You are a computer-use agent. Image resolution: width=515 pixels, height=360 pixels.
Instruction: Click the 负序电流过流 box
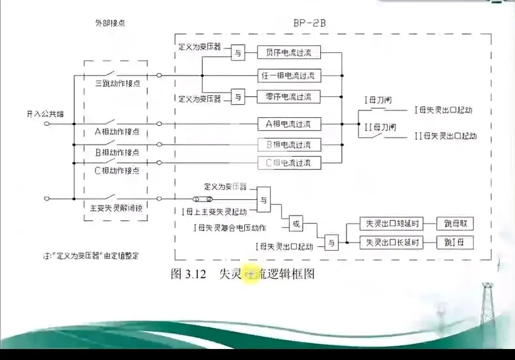coord(289,52)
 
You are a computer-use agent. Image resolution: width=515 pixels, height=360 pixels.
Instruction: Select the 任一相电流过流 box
coord(289,75)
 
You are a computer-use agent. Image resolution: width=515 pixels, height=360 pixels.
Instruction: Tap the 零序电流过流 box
coord(289,97)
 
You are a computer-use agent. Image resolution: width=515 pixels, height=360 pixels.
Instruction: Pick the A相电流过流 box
coord(289,124)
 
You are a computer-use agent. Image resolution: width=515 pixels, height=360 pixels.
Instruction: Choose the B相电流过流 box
coord(289,144)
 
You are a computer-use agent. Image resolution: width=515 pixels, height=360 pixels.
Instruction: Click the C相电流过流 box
coord(289,163)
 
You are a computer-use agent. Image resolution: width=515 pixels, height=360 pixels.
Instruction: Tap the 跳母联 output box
coord(456,224)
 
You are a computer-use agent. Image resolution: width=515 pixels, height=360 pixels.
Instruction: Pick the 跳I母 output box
coord(456,242)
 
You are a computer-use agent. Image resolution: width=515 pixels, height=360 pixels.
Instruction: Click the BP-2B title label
coord(309,23)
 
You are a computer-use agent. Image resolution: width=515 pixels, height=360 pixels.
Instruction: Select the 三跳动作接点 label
coord(117,84)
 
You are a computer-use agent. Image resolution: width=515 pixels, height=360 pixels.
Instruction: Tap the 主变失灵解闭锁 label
coord(116,208)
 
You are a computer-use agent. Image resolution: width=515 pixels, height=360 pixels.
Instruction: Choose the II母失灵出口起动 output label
coord(445,136)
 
